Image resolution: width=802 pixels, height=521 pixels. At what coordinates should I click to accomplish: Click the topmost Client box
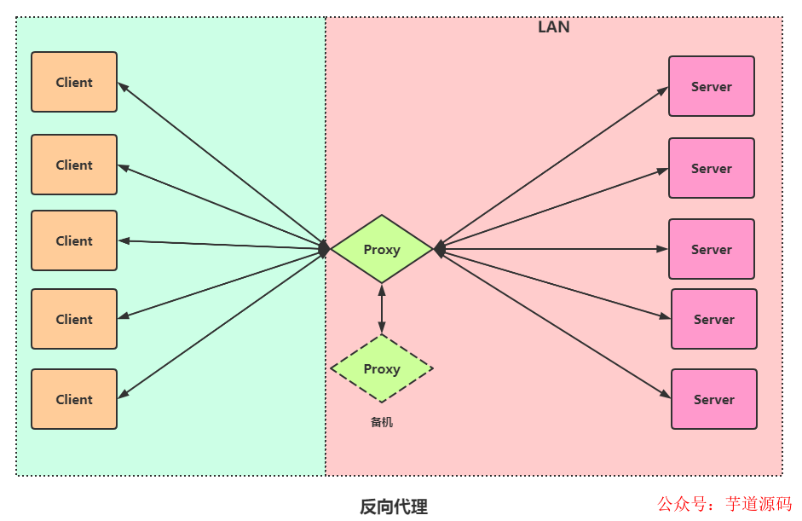point(74,82)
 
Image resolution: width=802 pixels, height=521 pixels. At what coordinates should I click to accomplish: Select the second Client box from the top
point(74,165)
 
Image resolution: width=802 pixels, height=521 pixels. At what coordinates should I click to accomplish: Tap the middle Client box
point(74,240)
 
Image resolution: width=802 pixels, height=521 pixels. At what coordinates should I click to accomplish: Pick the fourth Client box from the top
point(74,319)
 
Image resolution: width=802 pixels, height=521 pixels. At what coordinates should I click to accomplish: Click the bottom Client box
point(74,399)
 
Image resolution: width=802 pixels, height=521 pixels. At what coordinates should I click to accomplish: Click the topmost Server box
point(712,86)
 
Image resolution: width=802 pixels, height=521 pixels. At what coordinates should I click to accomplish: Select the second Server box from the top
point(712,168)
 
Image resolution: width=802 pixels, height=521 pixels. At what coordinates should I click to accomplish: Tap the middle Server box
point(712,249)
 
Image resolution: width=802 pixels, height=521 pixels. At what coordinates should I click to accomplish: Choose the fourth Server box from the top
point(714,319)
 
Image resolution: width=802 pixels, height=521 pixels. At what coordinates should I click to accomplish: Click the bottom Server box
point(714,399)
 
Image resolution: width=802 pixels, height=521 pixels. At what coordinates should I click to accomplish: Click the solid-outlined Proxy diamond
point(382,249)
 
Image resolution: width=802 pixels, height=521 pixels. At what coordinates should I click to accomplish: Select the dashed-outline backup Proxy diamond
point(382,368)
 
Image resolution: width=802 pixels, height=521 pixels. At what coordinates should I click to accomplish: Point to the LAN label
point(554,27)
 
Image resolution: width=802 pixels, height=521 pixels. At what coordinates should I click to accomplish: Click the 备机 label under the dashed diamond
point(382,422)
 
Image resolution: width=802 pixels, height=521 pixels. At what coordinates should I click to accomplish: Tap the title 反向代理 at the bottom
point(394,507)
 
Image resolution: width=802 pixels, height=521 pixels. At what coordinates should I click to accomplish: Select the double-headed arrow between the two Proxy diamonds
point(382,309)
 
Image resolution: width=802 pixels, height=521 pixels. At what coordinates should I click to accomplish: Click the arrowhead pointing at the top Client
point(122,86)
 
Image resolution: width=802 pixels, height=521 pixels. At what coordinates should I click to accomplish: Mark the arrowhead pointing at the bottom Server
point(666,395)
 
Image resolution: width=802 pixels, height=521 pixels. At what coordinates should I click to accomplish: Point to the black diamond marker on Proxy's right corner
point(440,249)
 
